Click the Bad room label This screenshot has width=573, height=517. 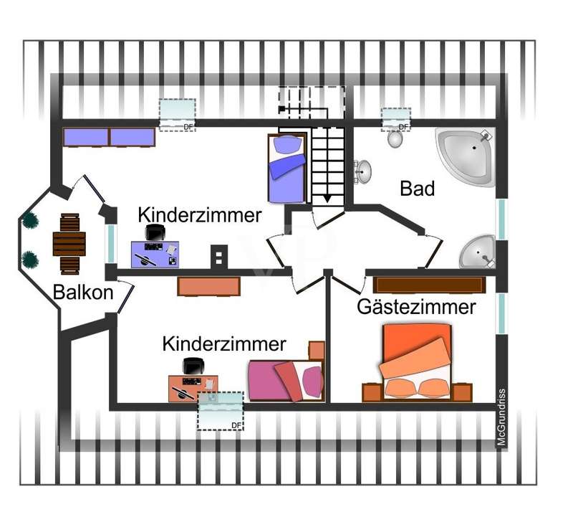418,189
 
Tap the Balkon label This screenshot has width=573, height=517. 83,293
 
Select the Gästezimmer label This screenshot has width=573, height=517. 416,308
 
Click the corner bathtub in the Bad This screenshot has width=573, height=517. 466,156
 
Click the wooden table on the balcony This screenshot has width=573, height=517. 69,244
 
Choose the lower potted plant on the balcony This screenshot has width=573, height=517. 30,259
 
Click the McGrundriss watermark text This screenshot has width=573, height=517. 502,419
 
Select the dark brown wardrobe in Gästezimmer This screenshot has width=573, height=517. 428,284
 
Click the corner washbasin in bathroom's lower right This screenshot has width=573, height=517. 476,251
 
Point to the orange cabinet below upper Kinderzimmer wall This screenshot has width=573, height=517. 208,286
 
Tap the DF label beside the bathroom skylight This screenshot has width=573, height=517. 403,127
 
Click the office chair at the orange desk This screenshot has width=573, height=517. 193,366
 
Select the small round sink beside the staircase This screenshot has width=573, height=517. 364,171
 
